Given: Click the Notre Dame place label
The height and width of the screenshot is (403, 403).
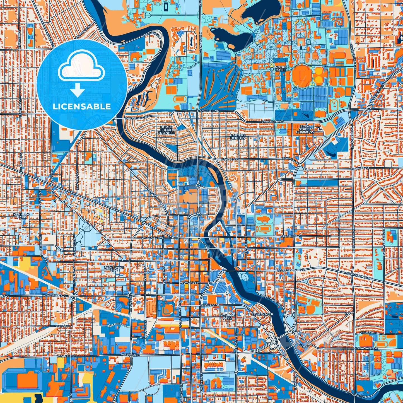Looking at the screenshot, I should (280, 69).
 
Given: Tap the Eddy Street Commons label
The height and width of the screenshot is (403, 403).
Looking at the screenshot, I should (305, 129).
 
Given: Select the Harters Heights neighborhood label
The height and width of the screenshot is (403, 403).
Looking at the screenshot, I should (238, 136).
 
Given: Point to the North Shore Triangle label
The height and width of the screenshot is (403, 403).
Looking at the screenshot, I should (166, 130).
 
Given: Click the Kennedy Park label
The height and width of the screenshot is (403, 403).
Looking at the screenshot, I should (21, 216).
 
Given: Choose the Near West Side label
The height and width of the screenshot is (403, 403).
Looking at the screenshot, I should (114, 269).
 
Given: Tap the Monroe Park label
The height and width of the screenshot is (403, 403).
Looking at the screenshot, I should (227, 316).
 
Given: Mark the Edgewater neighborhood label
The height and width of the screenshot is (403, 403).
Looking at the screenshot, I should (262, 314).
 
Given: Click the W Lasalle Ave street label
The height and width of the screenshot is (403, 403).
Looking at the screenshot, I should (152, 238).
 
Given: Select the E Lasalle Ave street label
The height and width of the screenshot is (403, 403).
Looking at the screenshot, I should (291, 236).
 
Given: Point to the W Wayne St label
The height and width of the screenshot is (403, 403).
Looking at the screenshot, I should (189, 283).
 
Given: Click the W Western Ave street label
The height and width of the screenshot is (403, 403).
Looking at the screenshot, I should (54, 295).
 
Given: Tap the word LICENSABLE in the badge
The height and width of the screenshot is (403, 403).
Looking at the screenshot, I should (82, 107).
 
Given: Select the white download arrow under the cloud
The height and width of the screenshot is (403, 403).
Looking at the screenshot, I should (78, 90).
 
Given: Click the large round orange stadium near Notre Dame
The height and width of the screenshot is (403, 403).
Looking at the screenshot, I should (302, 75).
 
